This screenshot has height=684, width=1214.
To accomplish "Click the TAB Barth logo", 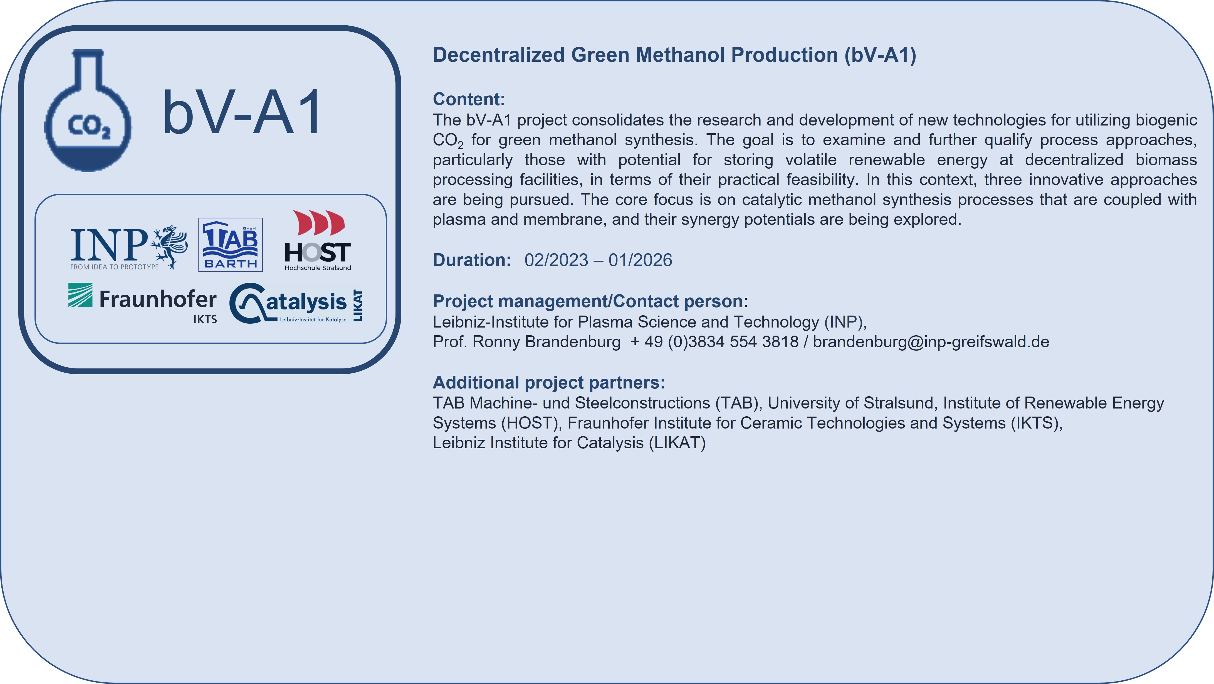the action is click(231, 245).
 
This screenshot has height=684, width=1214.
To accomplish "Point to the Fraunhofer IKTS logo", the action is click(143, 303).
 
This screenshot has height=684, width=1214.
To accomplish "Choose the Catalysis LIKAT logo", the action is click(296, 303).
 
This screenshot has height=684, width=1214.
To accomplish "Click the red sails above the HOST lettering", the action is click(319, 223).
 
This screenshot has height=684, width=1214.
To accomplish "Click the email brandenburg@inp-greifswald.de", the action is click(931, 342).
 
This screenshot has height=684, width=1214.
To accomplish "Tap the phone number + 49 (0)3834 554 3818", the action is click(714, 342).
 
